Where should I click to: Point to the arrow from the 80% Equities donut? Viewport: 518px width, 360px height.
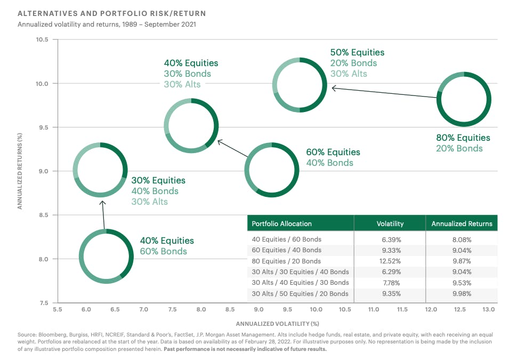tap(384, 92)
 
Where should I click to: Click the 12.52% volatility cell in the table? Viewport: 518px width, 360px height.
tap(390, 261)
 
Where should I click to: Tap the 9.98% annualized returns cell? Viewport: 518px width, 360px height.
tap(462, 293)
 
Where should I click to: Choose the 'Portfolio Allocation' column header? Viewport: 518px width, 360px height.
tap(281, 223)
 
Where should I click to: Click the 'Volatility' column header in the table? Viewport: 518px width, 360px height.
tap(390, 223)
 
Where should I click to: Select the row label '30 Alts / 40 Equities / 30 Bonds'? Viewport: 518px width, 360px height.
tap(300, 283)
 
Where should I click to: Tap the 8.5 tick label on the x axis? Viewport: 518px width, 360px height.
tap(230, 309)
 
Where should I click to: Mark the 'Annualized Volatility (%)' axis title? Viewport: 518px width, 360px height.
tap(277, 323)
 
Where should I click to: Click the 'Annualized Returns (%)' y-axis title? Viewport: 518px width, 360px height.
tap(20, 171)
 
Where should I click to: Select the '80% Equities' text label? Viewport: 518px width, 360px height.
tap(463, 138)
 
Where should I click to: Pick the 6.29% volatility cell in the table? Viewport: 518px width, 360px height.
tap(390, 272)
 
